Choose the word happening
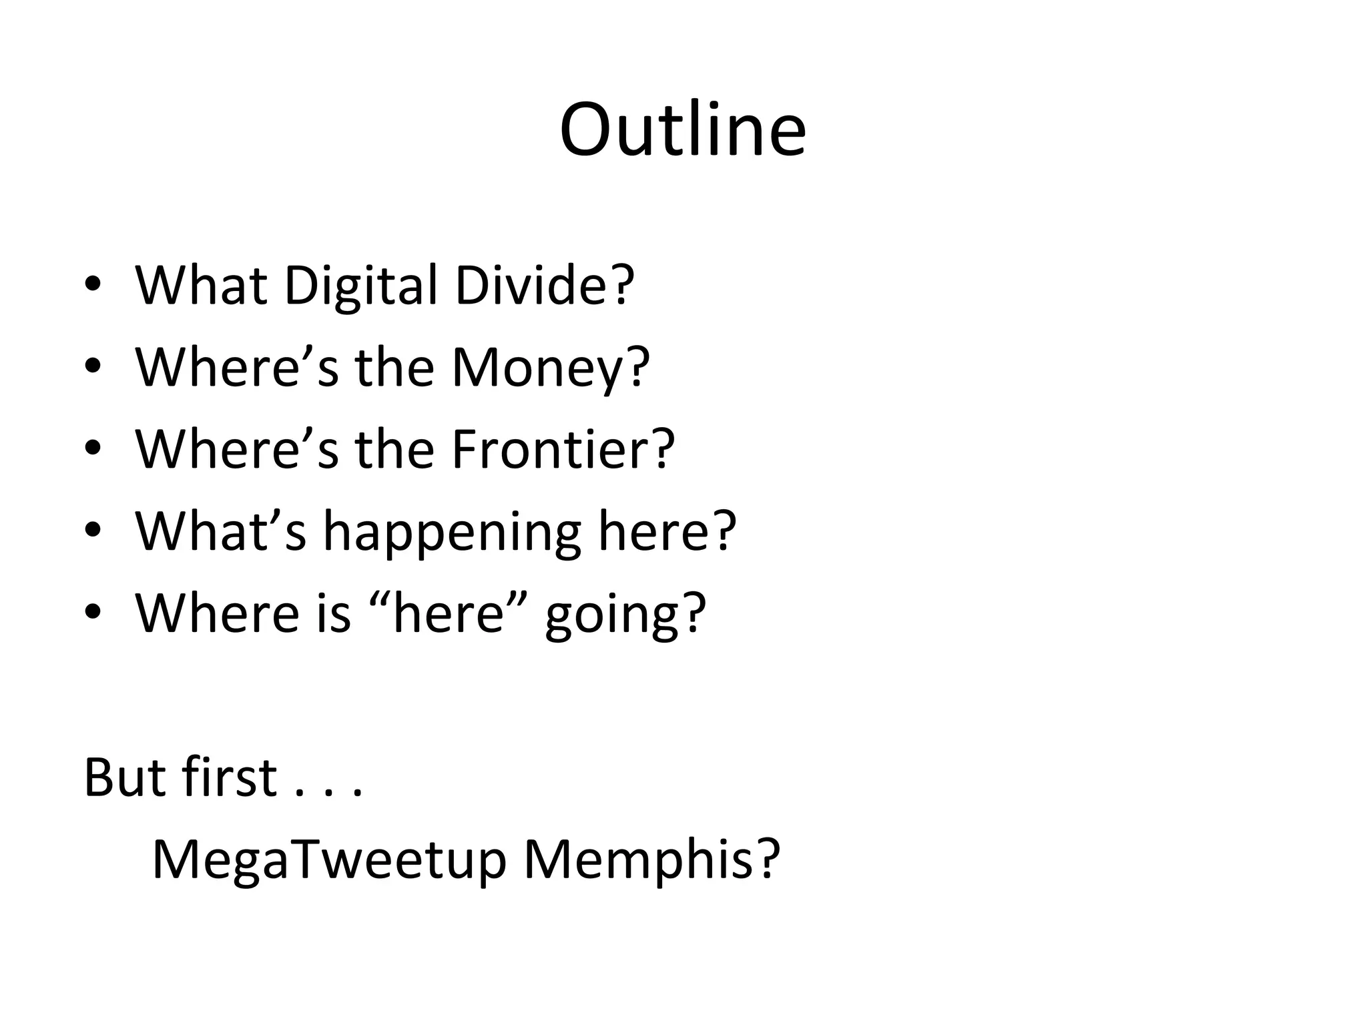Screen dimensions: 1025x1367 click(451, 533)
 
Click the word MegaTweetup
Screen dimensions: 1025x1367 click(328, 860)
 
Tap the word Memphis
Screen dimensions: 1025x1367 click(639, 860)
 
